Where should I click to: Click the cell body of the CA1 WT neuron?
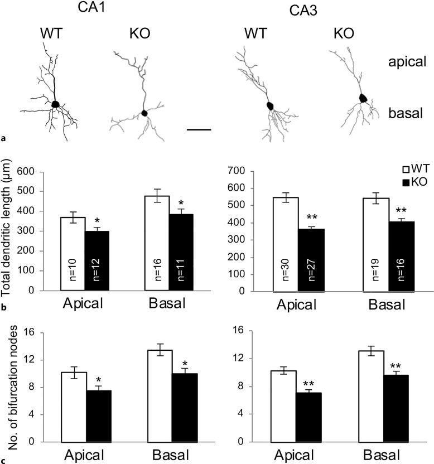[55, 104]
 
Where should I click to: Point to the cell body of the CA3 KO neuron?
[363, 98]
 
